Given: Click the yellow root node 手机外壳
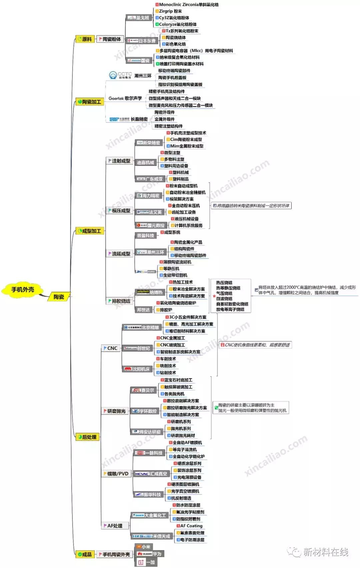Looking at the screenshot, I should tap(23, 290).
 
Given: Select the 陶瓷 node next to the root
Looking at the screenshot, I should tap(59, 297).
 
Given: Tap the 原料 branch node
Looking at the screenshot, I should tap(85, 39).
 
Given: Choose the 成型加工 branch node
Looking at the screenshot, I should tap(90, 231).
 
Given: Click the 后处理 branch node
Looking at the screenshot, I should tap(87, 437).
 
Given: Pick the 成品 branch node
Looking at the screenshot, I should tap(85, 554).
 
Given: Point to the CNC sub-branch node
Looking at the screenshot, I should tap(111, 348).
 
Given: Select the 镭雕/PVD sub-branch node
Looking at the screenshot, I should tap(116, 474).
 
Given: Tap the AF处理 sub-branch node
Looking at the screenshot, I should tap(113, 526).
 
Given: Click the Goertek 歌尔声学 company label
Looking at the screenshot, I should tap(125, 98).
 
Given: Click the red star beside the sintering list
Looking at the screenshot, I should tap(214, 296).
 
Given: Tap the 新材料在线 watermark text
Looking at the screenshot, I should tap(325, 552).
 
